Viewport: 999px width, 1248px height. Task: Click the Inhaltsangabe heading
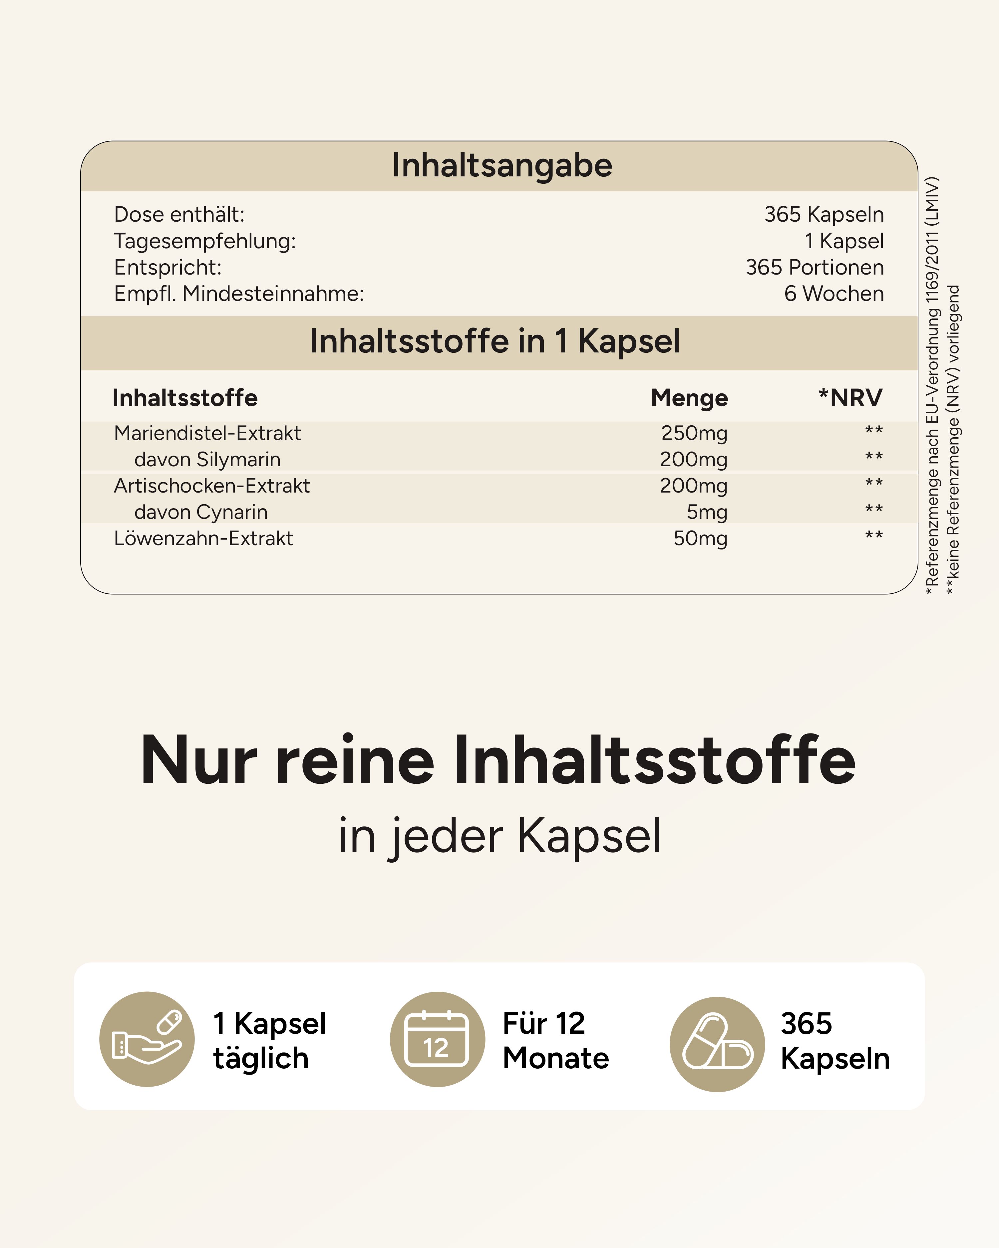[x=501, y=165]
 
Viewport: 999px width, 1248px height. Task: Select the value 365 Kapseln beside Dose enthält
[x=824, y=215]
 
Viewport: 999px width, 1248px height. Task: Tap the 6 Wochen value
[x=833, y=294]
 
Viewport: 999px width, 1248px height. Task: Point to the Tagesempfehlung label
[x=204, y=241]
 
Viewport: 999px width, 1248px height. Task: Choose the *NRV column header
[x=850, y=398]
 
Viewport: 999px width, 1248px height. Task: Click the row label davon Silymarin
[x=207, y=460]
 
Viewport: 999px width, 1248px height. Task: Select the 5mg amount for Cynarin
[x=707, y=512]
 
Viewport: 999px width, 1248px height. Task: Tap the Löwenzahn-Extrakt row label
[x=203, y=539]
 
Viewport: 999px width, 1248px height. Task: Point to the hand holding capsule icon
[x=147, y=1040]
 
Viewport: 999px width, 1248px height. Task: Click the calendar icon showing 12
[x=437, y=1040]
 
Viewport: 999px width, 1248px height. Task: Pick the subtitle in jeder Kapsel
[x=499, y=836]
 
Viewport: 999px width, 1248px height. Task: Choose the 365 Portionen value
[x=814, y=268]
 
